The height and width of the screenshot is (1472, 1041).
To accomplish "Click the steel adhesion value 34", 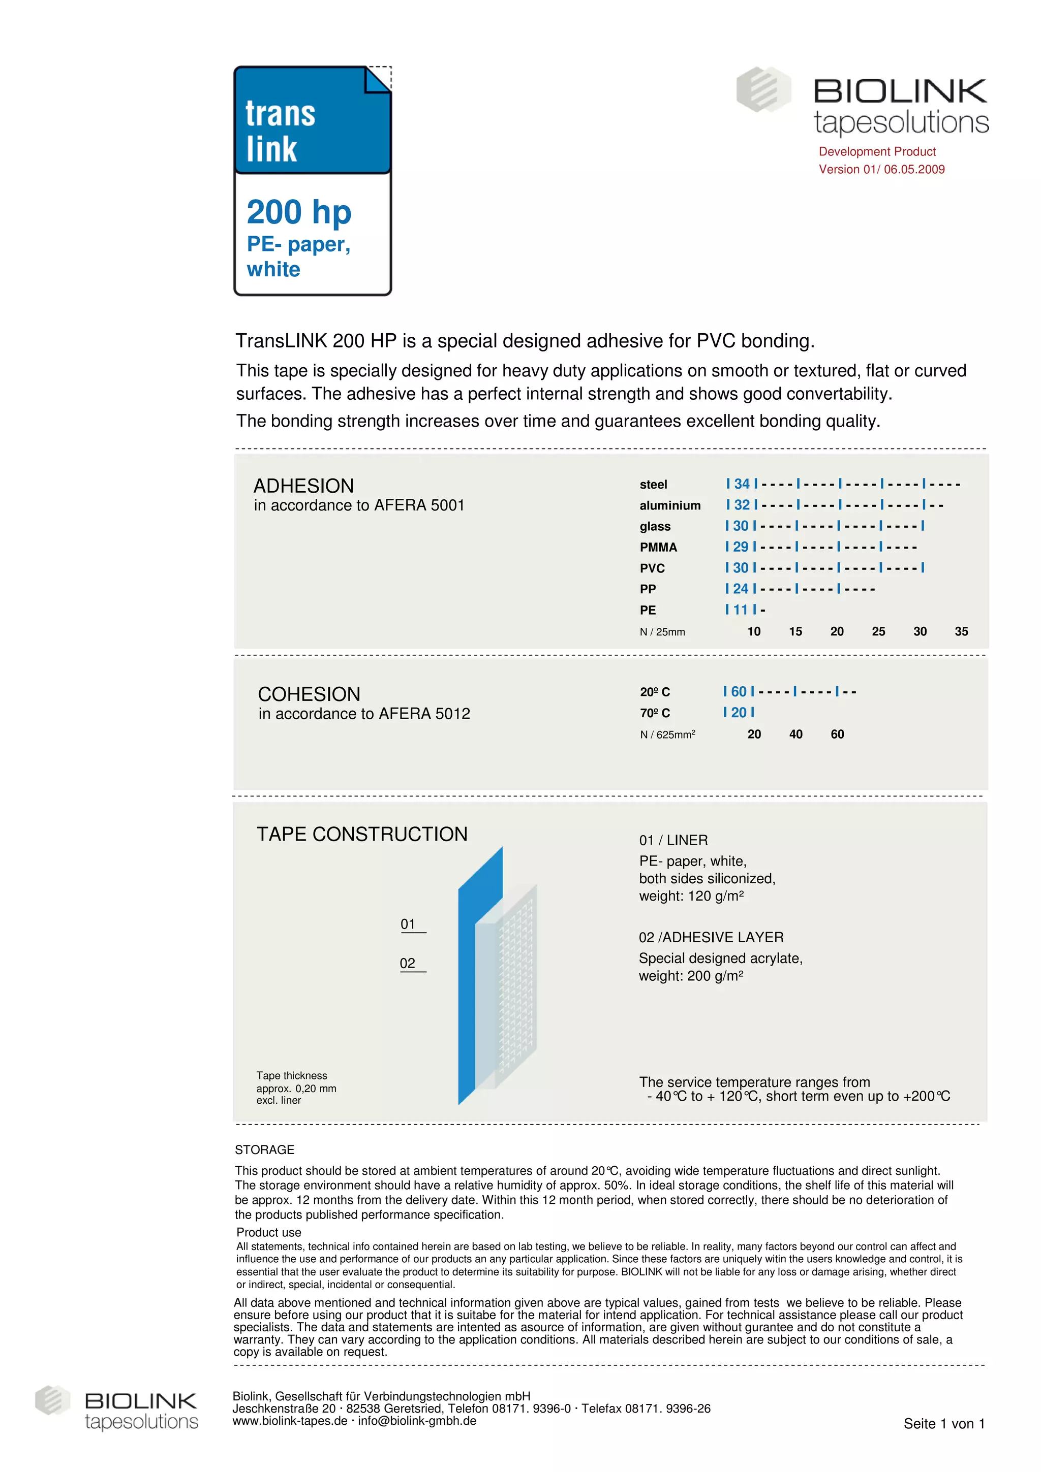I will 742,484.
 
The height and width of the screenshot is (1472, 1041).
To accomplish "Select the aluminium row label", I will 669,505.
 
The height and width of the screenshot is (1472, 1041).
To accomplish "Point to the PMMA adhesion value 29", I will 740,547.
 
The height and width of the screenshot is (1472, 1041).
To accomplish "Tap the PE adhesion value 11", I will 740,610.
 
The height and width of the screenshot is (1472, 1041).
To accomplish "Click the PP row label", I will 647,589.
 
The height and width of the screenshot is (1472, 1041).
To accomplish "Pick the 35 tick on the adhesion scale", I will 961,631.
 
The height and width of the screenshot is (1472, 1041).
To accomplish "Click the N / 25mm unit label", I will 662,632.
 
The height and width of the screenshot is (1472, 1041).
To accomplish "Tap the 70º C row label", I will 654,713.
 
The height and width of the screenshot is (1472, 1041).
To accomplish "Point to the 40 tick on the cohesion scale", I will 795,734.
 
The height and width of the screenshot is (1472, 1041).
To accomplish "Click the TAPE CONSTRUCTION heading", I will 362,834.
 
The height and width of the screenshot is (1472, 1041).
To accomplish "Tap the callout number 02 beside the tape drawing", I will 407,964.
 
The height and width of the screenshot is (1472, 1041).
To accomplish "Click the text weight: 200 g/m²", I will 690,976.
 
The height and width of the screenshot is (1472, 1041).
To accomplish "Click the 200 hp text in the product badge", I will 299,212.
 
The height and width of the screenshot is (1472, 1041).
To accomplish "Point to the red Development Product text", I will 877,152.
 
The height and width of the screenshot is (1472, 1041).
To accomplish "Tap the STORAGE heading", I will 264,1149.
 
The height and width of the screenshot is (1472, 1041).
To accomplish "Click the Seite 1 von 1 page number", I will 943,1424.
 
